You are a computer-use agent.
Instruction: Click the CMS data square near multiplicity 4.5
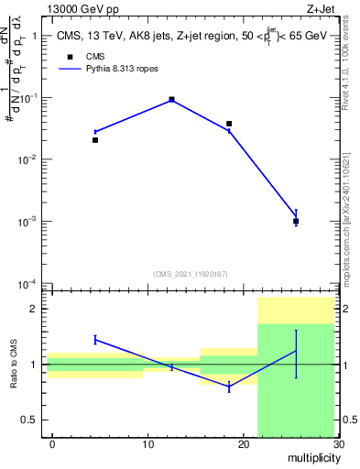point(95,140)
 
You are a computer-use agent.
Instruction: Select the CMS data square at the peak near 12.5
point(171,99)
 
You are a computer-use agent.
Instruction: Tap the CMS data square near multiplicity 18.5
point(229,124)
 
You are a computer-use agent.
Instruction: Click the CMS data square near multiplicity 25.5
point(296,221)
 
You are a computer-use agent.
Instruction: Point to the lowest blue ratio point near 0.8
point(229,387)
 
